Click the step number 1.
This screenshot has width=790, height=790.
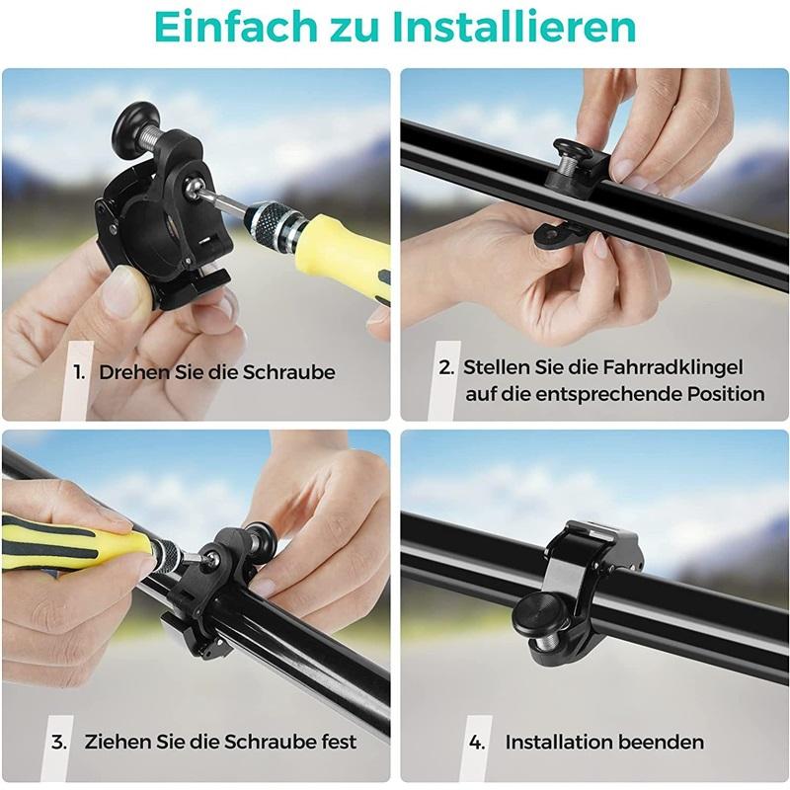pos(79,373)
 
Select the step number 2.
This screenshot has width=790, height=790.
pos(446,367)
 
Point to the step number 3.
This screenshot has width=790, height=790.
pos(59,742)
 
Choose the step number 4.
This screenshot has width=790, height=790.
pos(478,742)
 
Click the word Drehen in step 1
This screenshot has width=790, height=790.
pos(130,373)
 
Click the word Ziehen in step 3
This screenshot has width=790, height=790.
pos(116,742)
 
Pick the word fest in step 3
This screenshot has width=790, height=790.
pos(336,742)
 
